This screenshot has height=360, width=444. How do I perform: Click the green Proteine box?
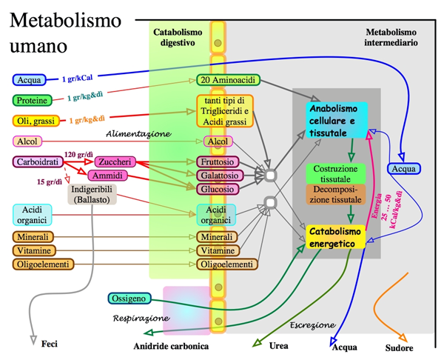33,100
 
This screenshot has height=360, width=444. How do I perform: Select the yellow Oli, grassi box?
36,121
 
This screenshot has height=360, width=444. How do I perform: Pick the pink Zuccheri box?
115,161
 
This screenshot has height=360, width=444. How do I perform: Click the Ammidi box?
106,176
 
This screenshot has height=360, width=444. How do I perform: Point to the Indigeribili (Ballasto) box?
92,195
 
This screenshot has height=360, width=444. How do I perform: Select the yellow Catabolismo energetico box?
336,238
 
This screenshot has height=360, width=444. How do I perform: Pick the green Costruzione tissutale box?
335,173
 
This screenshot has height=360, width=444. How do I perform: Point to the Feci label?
50,344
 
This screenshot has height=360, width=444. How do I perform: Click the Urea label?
279,344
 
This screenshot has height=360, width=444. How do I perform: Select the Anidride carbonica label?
171,346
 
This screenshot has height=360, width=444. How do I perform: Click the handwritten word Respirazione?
141,319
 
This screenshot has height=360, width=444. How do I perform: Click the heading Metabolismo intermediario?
391,38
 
